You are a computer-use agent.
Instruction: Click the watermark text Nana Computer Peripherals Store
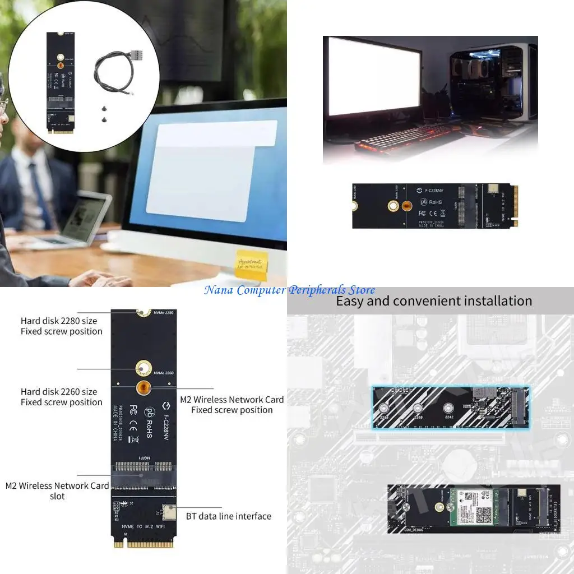click(x=289, y=290)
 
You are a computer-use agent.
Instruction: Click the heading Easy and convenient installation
click(x=433, y=301)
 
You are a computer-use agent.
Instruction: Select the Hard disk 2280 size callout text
click(x=62, y=326)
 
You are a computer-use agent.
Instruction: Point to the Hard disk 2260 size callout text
click(x=62, y=397)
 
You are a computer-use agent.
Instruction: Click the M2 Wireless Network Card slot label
click(x=57, y=490)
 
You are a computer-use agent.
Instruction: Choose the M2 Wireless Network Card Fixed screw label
click(x=232, y=405)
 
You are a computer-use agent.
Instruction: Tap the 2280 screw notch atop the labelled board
click(x=144, y=312)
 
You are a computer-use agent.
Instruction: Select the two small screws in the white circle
click(x=104, y=114)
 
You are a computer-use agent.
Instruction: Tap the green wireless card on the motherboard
click(x=471, y=507)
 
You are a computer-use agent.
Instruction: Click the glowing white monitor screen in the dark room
click(x=374, y=76)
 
